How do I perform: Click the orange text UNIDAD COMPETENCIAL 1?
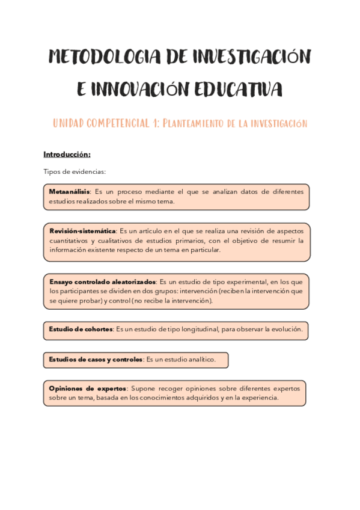point(106,123)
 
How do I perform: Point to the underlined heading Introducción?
point(67,154)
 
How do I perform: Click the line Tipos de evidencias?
point(75,171)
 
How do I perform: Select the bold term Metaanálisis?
point(69,192)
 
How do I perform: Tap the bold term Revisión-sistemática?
point(82,231)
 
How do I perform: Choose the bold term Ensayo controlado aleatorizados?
point(103,281)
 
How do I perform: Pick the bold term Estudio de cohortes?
point(81,329)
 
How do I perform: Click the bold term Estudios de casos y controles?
point(96,360)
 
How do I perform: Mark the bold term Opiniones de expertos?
point(88,389)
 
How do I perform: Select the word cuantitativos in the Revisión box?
point(70,241)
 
